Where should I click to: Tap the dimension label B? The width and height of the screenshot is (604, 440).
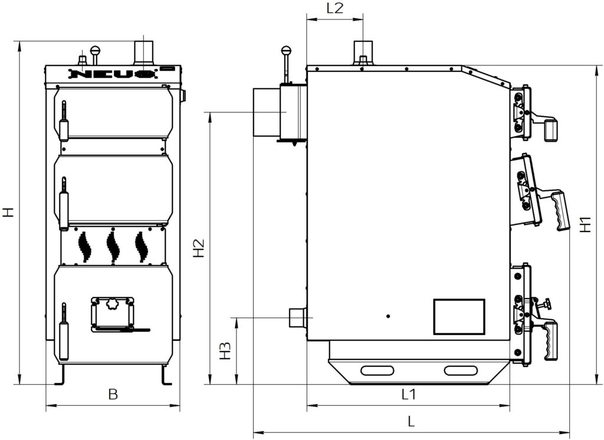(113, 394)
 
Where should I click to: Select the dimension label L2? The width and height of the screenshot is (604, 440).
(335, 8)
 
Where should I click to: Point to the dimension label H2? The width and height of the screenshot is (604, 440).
(199, 248)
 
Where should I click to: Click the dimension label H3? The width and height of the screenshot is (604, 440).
(225, 350)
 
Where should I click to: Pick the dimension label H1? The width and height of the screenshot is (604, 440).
(586, 224)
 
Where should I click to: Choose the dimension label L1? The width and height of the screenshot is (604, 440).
(409, 394)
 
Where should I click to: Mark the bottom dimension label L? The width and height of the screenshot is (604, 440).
(411, 422)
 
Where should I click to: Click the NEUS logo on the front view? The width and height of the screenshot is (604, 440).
(113, 74)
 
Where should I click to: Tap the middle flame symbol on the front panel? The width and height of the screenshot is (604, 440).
(113, 246)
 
